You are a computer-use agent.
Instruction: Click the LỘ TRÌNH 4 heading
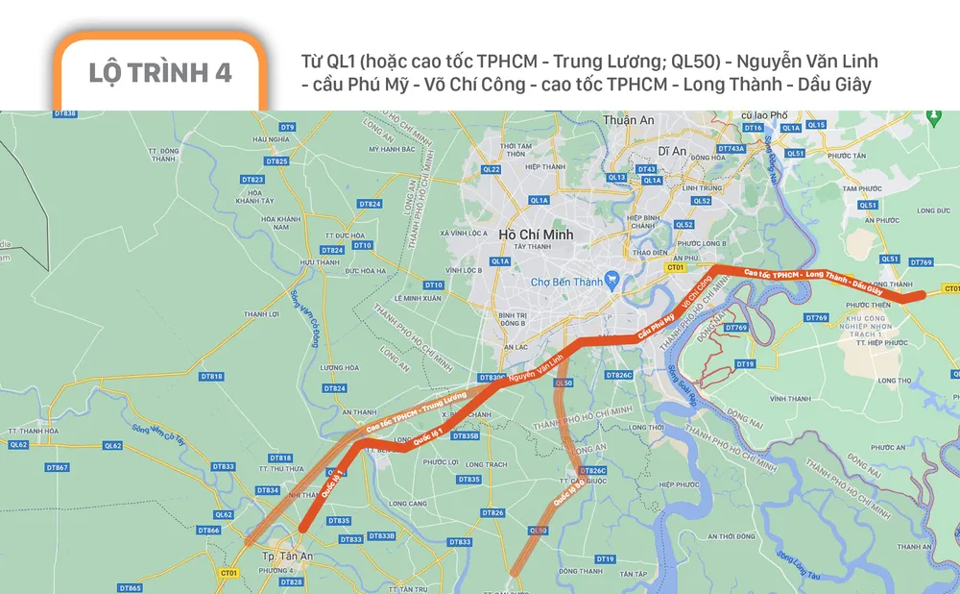159,73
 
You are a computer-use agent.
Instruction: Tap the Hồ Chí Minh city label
536,234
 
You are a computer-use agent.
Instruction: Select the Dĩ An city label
673,151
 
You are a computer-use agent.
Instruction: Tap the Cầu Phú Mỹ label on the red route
653,326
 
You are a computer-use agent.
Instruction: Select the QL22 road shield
492,169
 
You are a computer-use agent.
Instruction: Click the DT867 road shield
57,467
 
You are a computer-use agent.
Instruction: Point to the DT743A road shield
730,149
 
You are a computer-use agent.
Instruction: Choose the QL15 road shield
816,125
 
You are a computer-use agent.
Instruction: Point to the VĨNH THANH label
789,398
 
